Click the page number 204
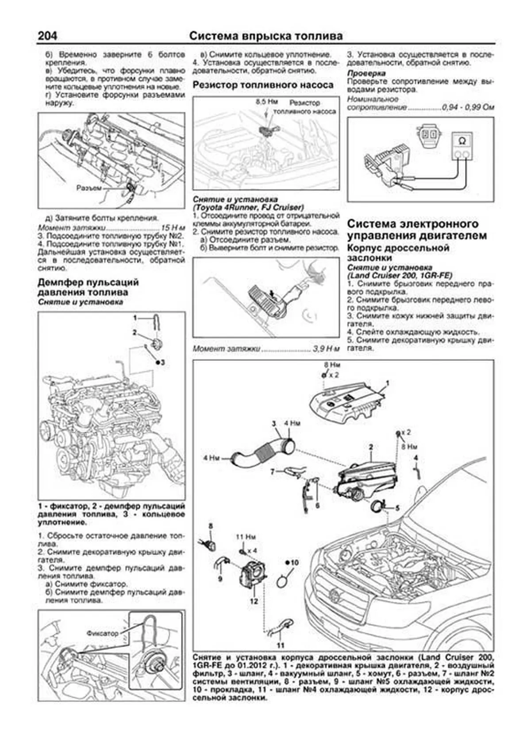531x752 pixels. (47, 36)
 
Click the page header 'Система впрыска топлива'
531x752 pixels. (265, 36)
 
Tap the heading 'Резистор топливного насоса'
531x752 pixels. (263, 85)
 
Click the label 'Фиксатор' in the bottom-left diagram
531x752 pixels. (103, 633)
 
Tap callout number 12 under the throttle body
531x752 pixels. (253, 601)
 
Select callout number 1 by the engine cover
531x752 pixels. (388, 382)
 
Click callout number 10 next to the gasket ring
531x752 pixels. (295, 562)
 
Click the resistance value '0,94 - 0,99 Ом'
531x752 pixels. (468, 108)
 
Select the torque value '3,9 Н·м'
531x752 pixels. (326, 349)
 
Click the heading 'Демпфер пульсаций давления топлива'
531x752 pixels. (88, 287)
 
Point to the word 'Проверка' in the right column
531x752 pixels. (366, 73)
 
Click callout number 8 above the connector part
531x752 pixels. (211, 526)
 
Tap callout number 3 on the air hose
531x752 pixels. (274, 424)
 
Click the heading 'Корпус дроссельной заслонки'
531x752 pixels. (398, 253)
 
